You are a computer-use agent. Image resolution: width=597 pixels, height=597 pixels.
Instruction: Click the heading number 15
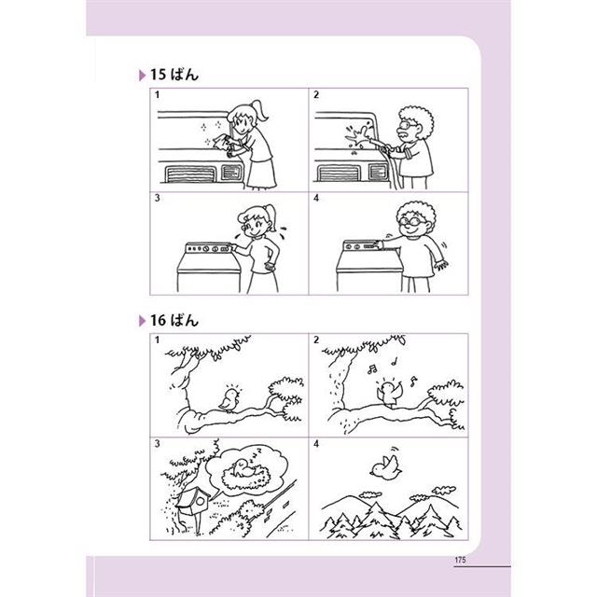pos(158,75)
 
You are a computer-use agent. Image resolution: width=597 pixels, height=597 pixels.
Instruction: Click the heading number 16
pos(158,320)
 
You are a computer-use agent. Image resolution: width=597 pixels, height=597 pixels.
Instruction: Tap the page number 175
pos(460,560)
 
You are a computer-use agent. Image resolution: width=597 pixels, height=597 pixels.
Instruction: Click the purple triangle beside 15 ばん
pos(143,76)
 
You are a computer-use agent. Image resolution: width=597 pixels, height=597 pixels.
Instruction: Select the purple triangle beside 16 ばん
pos(143,321)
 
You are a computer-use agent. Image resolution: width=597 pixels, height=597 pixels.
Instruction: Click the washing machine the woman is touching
pos(208,268)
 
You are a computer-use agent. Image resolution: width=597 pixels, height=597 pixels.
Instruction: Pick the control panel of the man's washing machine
pos(363,246)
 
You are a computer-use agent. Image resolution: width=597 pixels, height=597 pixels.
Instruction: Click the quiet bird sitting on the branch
pos(229,399)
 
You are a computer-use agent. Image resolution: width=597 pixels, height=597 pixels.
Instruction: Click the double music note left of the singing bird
pos(372,368)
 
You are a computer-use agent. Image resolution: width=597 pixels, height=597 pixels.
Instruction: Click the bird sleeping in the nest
pos(243,467)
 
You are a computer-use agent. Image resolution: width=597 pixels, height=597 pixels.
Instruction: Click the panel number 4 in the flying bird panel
pos(316,444)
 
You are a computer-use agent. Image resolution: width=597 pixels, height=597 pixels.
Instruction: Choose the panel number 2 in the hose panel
pos(316,94)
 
